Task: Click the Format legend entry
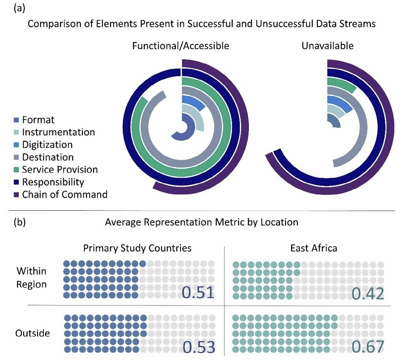38,120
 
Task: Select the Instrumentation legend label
58,133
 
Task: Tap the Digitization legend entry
47,145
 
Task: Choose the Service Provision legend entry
60,169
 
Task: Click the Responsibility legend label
52,182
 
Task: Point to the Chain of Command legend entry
64,194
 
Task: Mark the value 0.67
368,347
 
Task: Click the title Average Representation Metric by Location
201,222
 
